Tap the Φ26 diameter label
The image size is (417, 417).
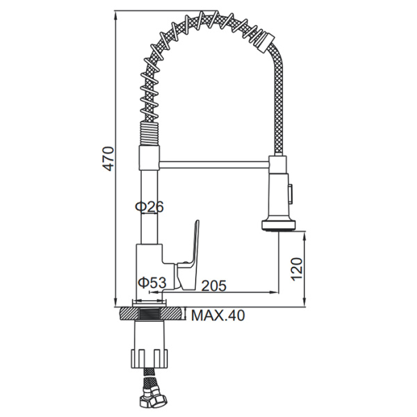[x=149, y=206]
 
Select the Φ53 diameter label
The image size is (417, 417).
[x=152, y=282]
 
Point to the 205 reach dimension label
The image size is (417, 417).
[x=214, y=286]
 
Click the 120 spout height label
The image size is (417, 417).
[x=297, y=269]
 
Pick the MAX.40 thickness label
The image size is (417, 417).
[x=218, y=316]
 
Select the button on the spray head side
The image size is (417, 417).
[x=291, y=192]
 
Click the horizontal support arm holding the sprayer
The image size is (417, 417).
[x=215, y=164]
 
